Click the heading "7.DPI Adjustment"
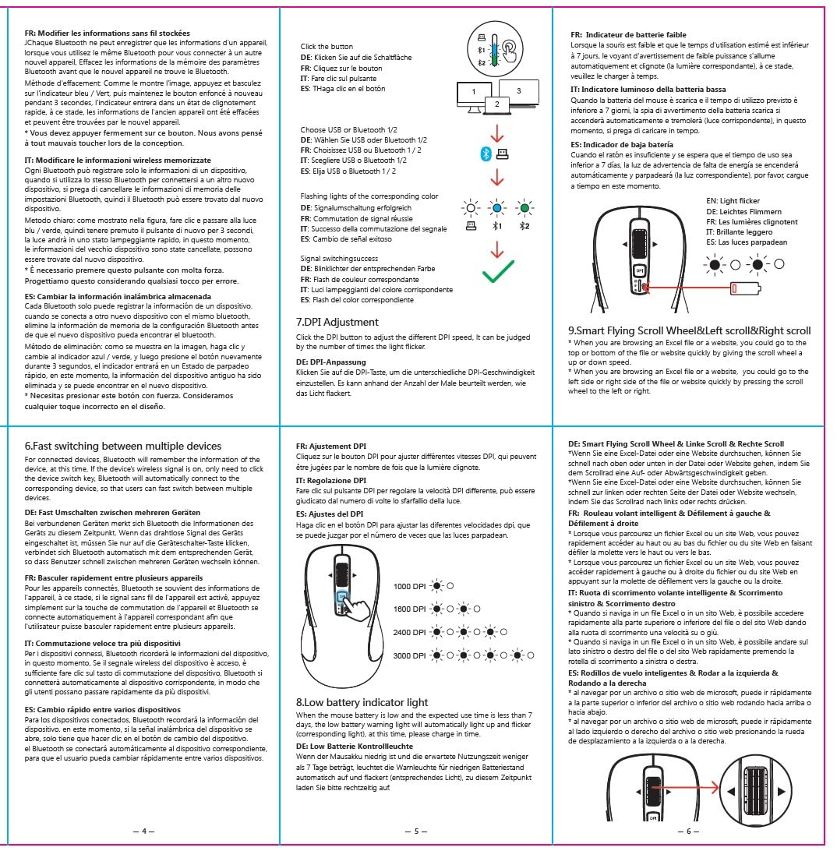(337, 322)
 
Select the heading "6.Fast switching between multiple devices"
(122, 447)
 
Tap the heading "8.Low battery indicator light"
(362, 702)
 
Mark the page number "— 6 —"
(687, 832)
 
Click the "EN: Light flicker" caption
(733, 201)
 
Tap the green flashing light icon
(524, 209)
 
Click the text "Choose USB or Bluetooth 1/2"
(348, 129)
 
